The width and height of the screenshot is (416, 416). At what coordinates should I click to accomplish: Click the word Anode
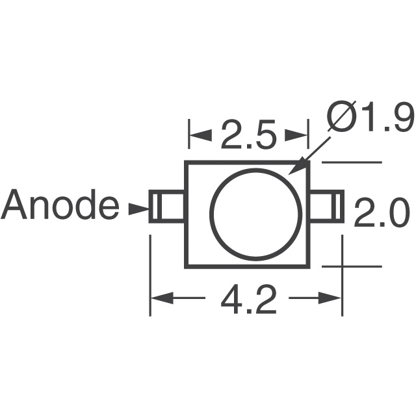click(60, 207)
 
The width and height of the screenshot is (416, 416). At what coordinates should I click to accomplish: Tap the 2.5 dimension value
click(248, 136)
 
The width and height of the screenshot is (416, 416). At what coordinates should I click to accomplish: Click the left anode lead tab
click(167, 207)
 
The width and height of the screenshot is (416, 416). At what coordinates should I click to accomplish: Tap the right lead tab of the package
click(325, 207)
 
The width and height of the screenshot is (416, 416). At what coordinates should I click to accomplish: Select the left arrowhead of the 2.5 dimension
click(198, 136)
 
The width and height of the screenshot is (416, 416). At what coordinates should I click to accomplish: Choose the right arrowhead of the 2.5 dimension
click(298, 136)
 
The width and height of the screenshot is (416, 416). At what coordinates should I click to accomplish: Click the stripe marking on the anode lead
click(155, 207)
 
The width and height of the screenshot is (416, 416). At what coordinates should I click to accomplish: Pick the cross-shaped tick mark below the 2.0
click(343, 266)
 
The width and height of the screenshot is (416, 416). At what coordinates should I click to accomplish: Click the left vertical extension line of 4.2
click(151, 273)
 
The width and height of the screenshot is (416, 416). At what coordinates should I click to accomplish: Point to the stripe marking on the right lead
click(337, 207)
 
